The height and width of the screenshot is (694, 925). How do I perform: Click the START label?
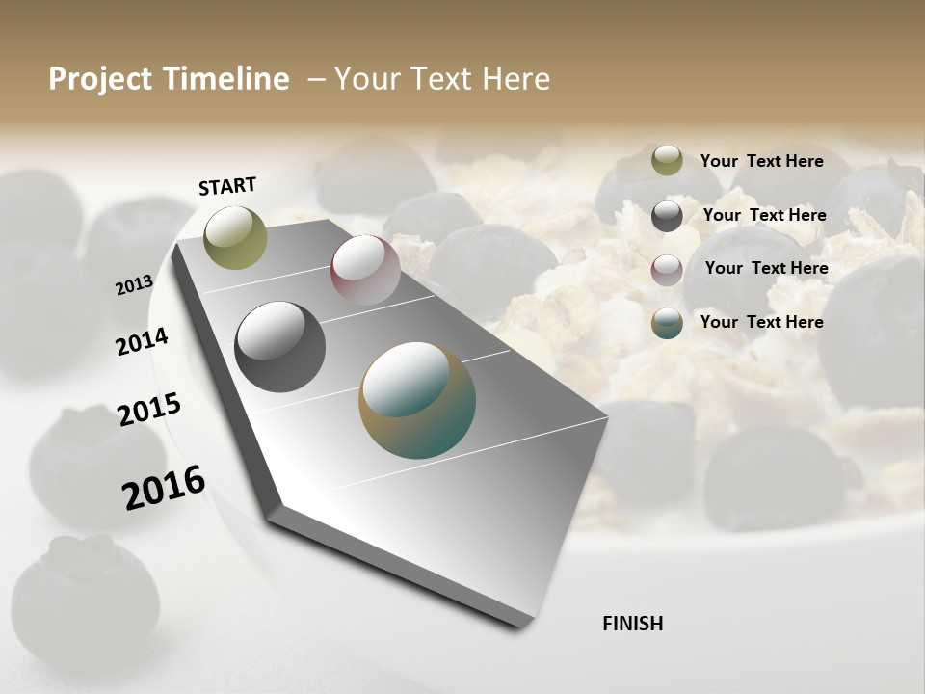(x=227, y=186)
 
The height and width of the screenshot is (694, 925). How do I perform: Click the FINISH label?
(x=632, y=624)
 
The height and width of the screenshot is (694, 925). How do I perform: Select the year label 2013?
(x=134, y=285)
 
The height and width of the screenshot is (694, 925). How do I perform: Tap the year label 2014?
(x=142, y=342)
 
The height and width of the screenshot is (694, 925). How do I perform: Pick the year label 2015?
(x=148, y=410)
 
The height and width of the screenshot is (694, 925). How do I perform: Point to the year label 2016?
(x=164, y=488)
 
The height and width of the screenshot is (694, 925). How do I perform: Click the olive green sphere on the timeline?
(x=235, y=237)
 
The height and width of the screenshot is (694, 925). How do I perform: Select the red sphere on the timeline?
(x=365, y=270)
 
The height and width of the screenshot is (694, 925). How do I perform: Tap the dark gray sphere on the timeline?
(x=279, y=347)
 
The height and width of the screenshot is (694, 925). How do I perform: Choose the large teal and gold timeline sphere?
(x=417, y=400)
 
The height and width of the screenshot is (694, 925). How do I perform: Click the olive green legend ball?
(x=667, y=161)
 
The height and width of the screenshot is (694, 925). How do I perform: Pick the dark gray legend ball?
(x=667, y=215)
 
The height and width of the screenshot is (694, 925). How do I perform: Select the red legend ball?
(x=667, y=269)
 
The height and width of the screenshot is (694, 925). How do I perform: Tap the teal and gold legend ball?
(x=667, y=323)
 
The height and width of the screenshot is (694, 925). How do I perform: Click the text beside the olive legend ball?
(x=761, y=161)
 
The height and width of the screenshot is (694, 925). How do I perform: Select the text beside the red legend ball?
(x=766, y=268)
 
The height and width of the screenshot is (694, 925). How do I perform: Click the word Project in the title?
(x=100, y=79)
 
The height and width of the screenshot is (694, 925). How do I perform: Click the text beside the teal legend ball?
(x=761, y=322)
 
